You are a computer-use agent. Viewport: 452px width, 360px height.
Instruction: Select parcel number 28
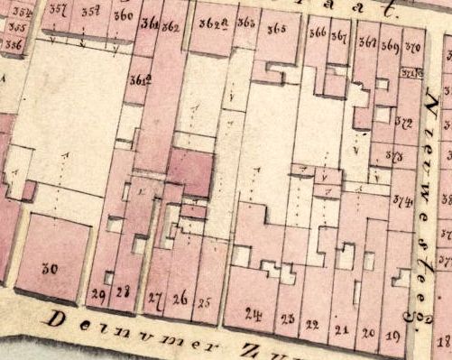124,291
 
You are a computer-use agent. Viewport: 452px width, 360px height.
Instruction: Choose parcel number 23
288,319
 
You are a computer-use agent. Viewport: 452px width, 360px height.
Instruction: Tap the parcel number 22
313,324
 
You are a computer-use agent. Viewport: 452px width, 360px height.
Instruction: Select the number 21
341,329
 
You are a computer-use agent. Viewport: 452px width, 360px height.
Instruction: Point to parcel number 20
367,333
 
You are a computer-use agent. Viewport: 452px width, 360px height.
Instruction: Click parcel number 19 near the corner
393,337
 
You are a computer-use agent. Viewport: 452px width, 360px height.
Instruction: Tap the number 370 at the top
413,45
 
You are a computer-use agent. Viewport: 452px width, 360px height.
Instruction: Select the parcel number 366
318,34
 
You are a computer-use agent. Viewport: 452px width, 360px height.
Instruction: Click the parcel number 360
123,15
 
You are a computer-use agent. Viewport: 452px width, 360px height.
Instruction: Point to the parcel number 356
14,42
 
